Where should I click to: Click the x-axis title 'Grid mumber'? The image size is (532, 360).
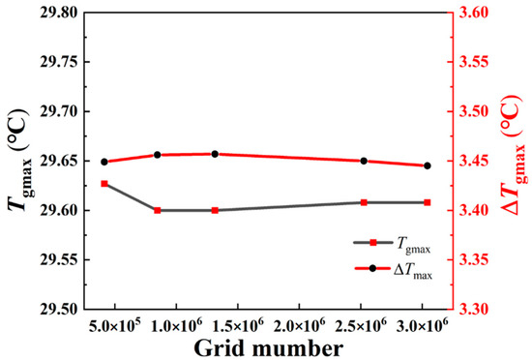pyautogui.click(x=271, y=346)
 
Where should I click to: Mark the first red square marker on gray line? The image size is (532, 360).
pyautogui.click(x=104, y=184)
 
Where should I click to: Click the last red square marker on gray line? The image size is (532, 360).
pyautogui.click(x=427, y=202)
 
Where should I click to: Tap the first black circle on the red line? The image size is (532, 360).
pyautogui.click(x=104, y=162)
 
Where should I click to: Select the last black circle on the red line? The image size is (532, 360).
pyautogui.click(x=427, y=165)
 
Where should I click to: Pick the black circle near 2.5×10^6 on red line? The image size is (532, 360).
pyautogui.click(x=364, y=161)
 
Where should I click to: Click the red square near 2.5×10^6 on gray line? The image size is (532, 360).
pyautogui.click(x=364, y=202)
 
